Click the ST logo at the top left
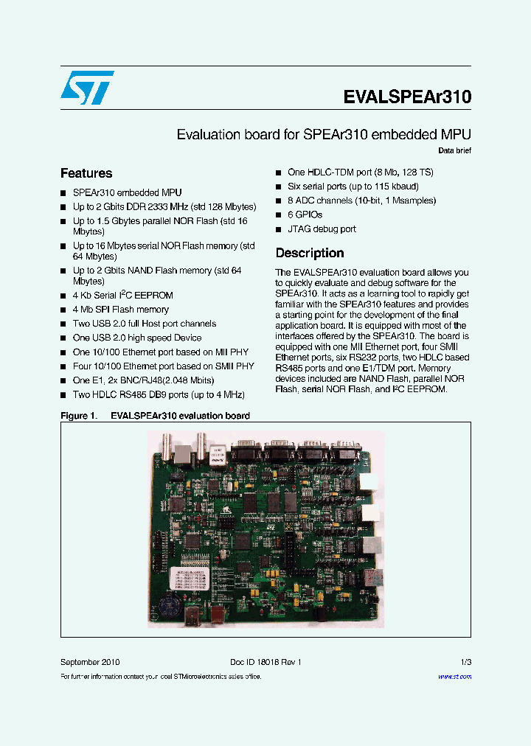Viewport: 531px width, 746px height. point(87,88)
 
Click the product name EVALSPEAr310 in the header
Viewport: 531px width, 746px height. point(407,97)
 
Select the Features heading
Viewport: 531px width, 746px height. point(86,173)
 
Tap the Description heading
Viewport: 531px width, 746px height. point(310,253)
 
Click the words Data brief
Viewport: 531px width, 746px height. point(454,151)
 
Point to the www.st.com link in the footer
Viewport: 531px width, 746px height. point(454,677)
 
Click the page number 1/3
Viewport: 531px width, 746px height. point(465,662)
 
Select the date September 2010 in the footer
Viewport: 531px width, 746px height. point(90,662)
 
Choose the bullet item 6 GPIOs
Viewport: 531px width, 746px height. point(305,215)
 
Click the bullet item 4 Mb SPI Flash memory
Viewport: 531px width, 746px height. point(121,310)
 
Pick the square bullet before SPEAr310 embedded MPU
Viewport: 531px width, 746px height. point(64,193)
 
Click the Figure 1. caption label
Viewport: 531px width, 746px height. point(77,416)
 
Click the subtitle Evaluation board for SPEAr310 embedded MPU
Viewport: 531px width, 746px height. point(324,135)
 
